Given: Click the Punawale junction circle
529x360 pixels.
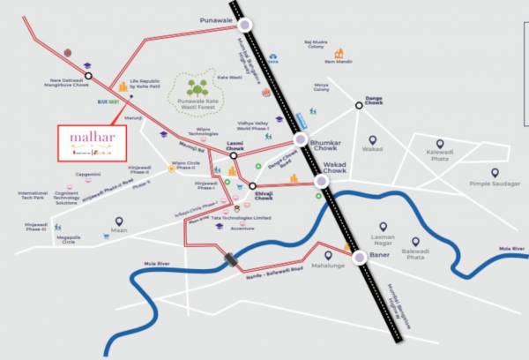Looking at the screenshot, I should pos(247,25).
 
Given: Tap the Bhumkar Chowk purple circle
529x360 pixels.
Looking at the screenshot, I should pos(301,139).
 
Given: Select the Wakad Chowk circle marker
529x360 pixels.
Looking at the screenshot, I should pos(321,182).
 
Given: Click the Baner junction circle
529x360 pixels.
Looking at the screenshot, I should pos(359,258).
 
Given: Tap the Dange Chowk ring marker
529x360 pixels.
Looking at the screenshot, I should pos(359,106).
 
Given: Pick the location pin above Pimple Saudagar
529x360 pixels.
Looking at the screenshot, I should pos(494,174).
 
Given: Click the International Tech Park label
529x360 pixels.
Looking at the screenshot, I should pos(34,195).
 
